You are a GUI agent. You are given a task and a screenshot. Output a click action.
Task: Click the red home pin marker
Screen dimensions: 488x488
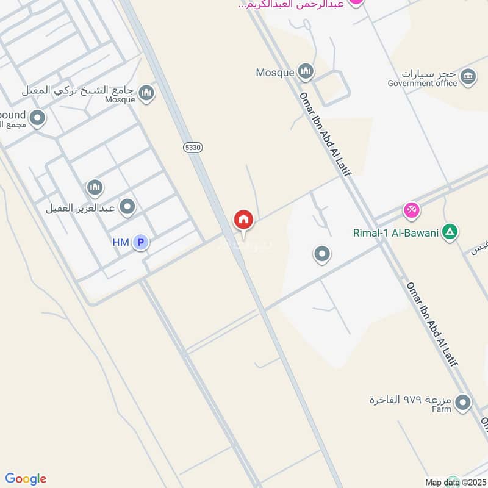[x=243, y=219]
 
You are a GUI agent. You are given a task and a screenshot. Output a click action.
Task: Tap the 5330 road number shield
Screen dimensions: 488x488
[x=192, y=148]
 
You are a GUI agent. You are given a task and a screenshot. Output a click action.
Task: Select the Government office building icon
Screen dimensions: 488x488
[x=468, y=76]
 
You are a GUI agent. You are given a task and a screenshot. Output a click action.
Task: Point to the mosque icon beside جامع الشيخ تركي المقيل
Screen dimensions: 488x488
[x=146, y=93]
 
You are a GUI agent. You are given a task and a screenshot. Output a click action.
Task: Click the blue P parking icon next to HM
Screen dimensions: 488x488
[x=141, y=243]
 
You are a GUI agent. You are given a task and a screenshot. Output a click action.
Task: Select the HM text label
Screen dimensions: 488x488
[x=120, y=243]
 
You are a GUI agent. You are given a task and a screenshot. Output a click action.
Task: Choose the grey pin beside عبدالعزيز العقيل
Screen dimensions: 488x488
[x=127, y=207]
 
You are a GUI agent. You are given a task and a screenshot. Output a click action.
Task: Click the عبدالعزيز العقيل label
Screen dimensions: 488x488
[x=81, y=208]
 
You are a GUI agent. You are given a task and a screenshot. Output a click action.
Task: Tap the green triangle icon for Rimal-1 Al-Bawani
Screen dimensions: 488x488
[x=450, y=232]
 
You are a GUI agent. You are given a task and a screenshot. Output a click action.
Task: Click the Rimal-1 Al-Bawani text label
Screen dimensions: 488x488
[x=396, y=232]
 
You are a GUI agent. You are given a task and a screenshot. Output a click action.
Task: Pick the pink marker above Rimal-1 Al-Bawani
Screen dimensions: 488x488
[x=412, y=211]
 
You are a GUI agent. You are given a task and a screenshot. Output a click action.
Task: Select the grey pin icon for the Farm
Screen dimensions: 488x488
[x=464, y=402]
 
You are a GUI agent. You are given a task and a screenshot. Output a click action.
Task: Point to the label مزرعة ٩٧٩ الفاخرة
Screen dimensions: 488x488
[x=410, y=400]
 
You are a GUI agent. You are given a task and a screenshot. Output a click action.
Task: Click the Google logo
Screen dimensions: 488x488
[x=26, y=479]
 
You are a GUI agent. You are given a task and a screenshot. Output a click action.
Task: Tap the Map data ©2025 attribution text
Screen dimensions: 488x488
[x=454, y=483]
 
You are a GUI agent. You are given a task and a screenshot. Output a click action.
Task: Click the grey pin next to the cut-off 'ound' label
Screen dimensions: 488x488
[x=37, y=118]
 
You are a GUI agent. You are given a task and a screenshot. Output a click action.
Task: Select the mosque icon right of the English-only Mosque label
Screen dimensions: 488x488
[x=306, y=72]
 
